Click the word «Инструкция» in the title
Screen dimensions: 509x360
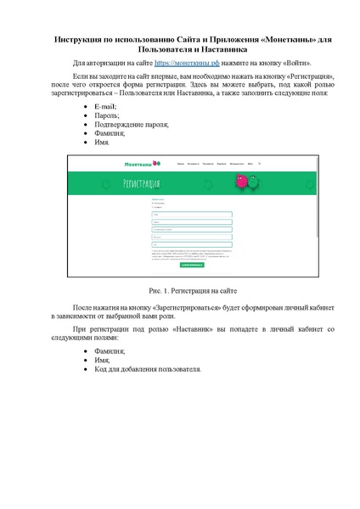[81, 40]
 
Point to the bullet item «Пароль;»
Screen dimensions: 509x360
[109, 115]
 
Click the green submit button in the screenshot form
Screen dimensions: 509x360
[192, 264]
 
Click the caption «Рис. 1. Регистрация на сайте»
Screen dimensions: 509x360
[180, 290]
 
